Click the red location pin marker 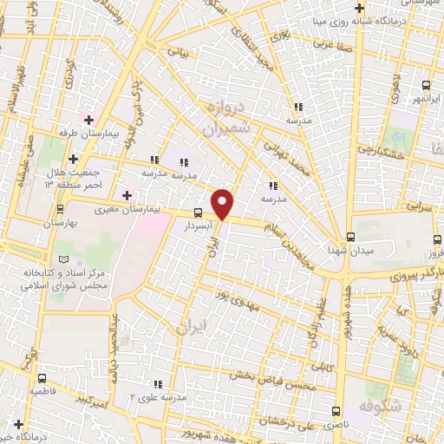(x=223, y=205)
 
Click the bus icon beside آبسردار (x=199, y=212)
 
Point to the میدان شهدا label (x=350, y=251)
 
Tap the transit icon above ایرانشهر (x=426, y=85)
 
